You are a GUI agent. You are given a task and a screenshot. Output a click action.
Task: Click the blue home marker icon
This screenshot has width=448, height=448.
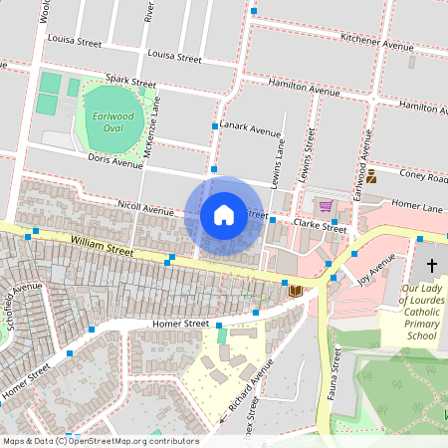pyautogui.click(x=224, y=214)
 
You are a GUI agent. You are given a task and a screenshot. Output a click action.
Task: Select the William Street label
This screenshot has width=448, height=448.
pyautogui.click(x=102, y=246)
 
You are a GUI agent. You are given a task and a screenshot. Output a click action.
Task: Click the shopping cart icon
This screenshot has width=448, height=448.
pyautogui.click(x=326, y=206)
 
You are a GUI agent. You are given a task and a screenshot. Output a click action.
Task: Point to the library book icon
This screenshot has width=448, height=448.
pyautogui.click(x=295, y=291)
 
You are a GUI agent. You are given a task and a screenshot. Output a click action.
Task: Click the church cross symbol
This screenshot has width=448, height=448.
pyautogui.click(x=432, y=266)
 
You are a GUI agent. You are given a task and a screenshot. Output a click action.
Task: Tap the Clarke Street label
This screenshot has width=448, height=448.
pyautogui.click(x=321, y=227)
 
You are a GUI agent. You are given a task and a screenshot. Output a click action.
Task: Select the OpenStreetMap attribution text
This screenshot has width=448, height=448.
pyautogui.click(x=100, y=441)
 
